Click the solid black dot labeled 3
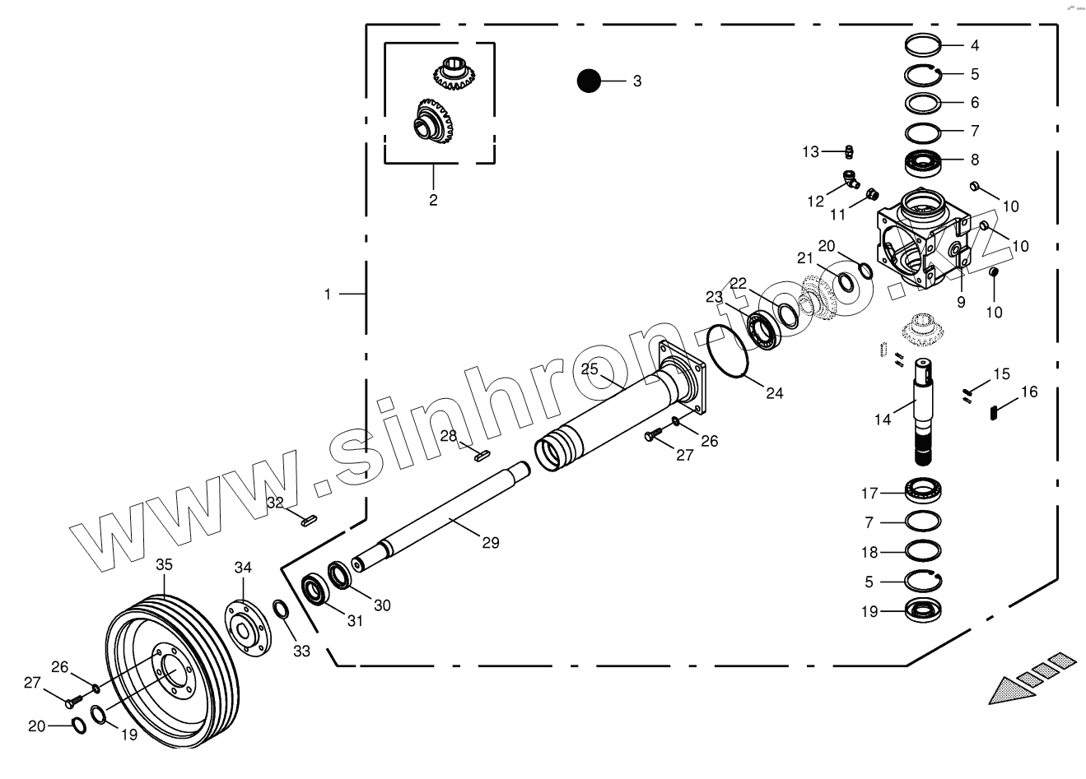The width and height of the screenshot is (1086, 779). pyautogui.click(x=589, y=81)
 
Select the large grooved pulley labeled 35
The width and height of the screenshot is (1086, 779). pyautogui.click(x=173, y=675)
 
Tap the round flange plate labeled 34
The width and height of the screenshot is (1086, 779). pyautogui.click(x=245, y=630)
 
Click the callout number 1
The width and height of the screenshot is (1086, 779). pyautogui.click(x=327, y=294)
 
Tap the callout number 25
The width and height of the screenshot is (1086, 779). pyautogui.click(x=590, y=369)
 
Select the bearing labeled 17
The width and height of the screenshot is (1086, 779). pyautogui.click(x=923, y=492)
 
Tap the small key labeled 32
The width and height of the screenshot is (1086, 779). pyautogui.click(x=308, y=519)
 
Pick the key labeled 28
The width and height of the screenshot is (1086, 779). pyautogui.click(x=482, y=451)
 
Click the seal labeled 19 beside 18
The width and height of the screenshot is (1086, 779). pyautogui.click(x=923, y=610)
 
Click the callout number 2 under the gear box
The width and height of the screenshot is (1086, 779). pyautogui.click(x=433, y=200)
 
